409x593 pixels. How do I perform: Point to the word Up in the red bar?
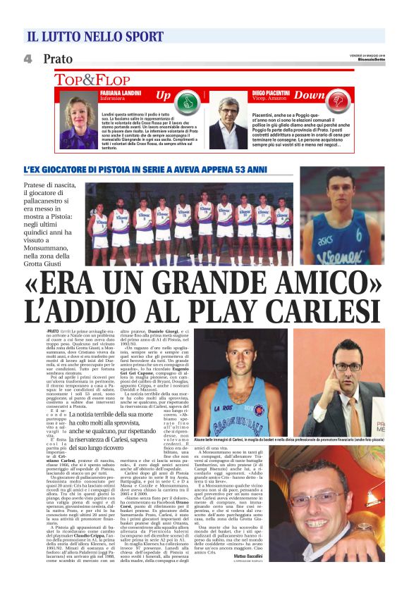click(x=164, y=94)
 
